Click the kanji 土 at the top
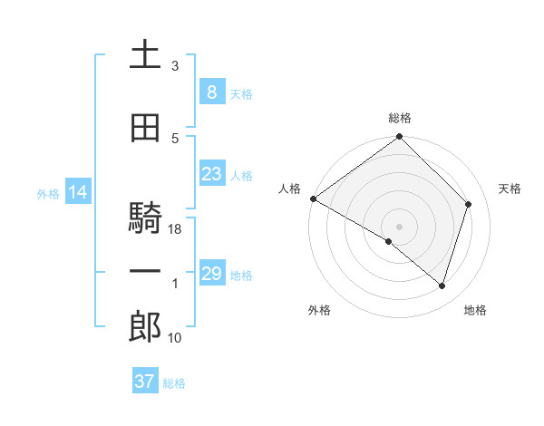point(145,55)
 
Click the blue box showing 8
point(211,92)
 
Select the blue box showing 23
point(211,173)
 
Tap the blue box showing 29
point(211,274)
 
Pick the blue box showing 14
point(77,192)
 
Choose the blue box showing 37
point(145,382)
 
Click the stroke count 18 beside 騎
point(176,229)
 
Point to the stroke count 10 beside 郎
point(176,338)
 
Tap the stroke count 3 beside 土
point(175,66)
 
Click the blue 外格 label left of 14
point(48,193)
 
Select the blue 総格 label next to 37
point(174,383)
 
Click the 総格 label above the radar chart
point(400,118)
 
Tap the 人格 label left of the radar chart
point(290,189)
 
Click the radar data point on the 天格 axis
point(469,204)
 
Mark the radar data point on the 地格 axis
point(442,286)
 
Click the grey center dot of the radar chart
point(399,225)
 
